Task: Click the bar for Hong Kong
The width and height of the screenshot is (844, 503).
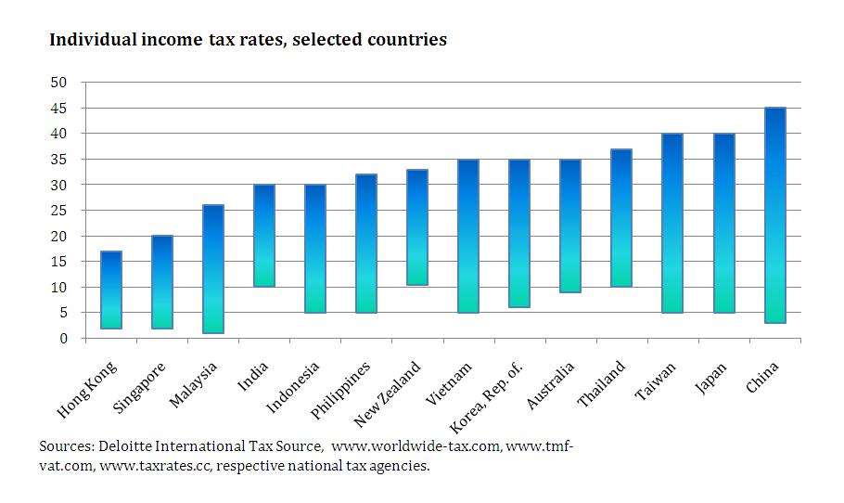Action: (111, 290)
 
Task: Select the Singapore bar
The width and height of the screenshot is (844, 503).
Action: (162, 282)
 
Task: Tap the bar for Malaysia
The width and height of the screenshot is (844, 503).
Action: (213, 269)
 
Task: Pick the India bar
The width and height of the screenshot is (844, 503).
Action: (264, 236)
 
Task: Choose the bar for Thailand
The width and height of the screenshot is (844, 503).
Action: (621, 218)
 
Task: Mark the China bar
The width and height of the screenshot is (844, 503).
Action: (774, 215)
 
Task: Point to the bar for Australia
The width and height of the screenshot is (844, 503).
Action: (570, 226)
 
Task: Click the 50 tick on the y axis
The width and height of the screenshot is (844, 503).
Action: (59, 83)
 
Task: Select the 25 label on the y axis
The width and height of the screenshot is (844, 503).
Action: (59, 211)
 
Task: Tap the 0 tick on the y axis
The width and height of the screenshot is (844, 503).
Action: (63, 339)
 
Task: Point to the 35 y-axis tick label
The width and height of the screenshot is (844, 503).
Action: (59, 160)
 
